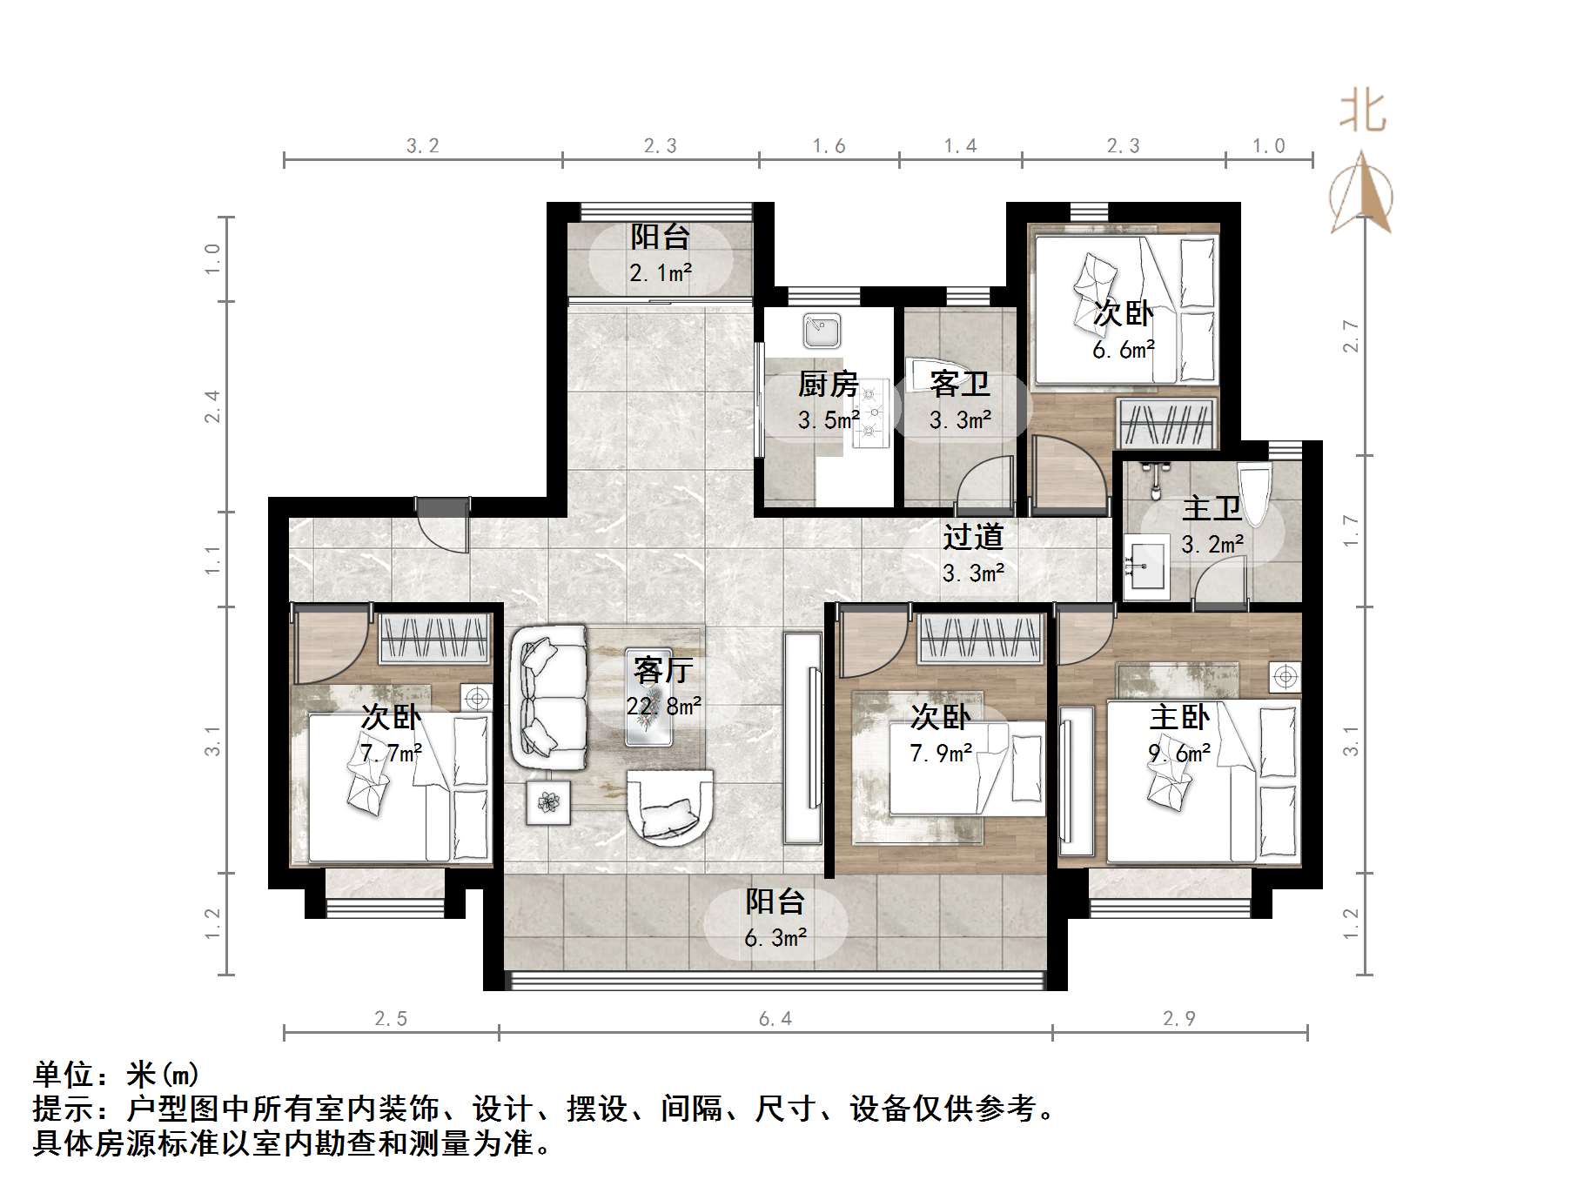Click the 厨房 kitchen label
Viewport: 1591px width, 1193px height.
pyautogui.click(x=828, y=384)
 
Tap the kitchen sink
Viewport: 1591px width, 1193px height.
pyautogui.click(x=821, y=330)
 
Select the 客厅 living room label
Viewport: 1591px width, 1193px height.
pyautogui.click(x=663, y=670)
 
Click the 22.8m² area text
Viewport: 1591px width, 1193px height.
pyautogui.click(x=663, y=706)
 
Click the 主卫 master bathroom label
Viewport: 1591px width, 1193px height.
pyautogui.click(x=1212, y=509)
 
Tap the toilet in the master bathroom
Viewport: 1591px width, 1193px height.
pyautogui.click(x=1254, y=492)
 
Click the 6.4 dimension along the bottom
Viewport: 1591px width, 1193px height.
pyautogui.click(x=775, y=1018)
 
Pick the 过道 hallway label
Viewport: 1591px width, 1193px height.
pyautogui.click(x=973, y=537)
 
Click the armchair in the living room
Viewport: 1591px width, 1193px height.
pyautogui.click(x=669, y=808)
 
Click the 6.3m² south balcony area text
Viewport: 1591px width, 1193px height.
pyautogui.click(x=775, y=938)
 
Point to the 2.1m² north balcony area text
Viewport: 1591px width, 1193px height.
pyautogui.click(x=661, y=273)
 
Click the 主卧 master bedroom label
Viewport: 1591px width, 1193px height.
pyautogui.click(x=1179, y=718)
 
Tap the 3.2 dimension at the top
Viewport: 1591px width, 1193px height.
pyautogui.click(x=423, y=146)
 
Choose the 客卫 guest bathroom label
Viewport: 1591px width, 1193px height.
pyautogui.click(x=959, y=384)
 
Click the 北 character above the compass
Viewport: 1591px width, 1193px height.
pyautogui.click(x=1362, y=112)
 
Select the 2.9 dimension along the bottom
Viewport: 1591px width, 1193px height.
pyautogui.click(x=1179, y=1018)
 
